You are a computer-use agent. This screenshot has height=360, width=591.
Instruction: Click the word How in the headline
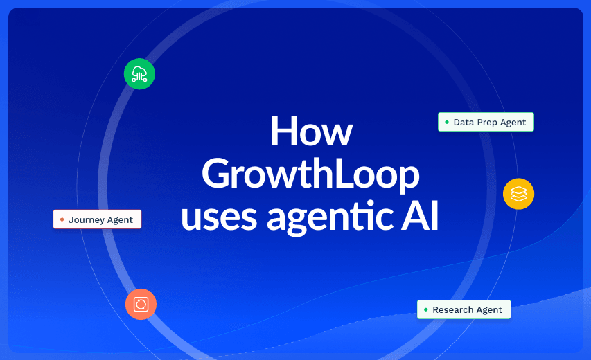point(311,131)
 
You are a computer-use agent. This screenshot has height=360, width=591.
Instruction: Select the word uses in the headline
point(219,217)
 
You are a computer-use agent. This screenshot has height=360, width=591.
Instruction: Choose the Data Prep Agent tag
point(486,122)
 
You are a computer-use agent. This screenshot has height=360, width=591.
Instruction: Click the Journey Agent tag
point(97,219)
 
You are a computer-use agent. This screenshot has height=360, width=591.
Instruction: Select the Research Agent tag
point(464,309)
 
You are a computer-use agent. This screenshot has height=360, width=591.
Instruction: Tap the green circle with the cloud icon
point(139,74)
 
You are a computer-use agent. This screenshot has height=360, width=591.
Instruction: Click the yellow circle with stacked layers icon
point(519,194)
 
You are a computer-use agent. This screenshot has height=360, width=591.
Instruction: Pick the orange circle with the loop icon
point(141,304)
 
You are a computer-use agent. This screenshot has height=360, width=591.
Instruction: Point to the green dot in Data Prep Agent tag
point(447,122)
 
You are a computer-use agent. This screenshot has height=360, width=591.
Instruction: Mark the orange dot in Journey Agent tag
point(62,219)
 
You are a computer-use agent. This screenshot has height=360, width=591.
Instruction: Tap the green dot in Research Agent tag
point(426,309)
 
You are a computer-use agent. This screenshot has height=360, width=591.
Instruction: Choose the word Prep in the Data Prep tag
point(486,123)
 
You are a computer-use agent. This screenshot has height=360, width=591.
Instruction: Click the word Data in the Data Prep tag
point(464,123)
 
